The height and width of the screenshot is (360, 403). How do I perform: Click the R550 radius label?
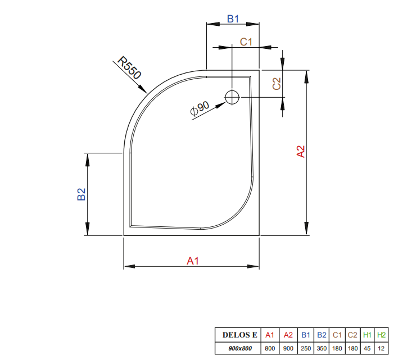(x=129, y=68)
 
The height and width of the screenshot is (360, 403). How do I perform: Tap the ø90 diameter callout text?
(x=200, y=108)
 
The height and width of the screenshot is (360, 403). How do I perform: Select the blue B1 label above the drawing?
(x=233, y=19)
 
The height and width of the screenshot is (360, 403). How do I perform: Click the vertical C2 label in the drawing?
(x=277, y=84)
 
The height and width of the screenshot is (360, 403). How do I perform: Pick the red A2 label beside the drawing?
(x=301, y=152)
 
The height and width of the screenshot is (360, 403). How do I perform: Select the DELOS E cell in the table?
(x=239, y=335)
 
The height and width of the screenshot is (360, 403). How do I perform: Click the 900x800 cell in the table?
(x=239, y=348)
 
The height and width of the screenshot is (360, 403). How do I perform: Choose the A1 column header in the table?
(x=270, y=335)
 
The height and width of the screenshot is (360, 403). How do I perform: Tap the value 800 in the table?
(x=270, y=348)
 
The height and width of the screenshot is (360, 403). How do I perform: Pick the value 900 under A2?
(x=288, y=348)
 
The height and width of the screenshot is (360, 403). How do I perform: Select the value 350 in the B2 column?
(x=322, y=348)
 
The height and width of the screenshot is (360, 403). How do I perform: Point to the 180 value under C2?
(x=353, y=348)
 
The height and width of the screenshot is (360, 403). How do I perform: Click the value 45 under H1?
(x=368, y=348)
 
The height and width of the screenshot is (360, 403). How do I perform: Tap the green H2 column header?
(x=382, y=335)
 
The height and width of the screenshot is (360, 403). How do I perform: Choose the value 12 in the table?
(x=382, y=348)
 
